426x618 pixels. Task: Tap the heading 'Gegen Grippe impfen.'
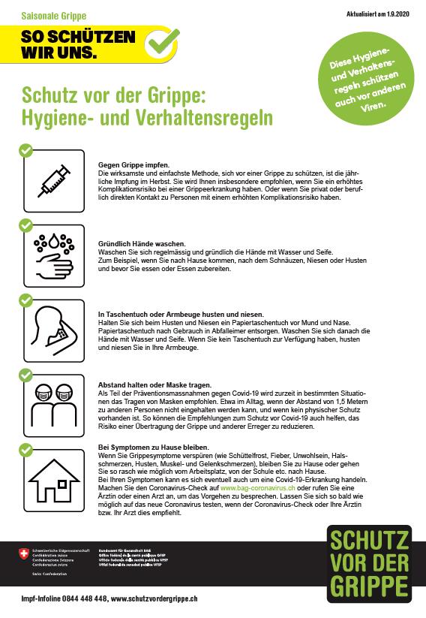click(134, 165)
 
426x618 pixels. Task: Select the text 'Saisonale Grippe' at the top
click(53, 15)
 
